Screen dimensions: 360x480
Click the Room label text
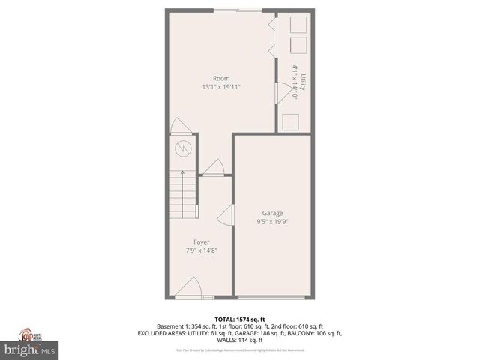click(220, 78)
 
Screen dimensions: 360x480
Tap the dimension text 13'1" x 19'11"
click(220, 87)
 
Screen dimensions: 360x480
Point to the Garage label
click(272, 213)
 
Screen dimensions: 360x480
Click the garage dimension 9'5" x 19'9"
click(272, 222)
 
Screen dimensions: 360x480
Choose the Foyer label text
click(201, 241)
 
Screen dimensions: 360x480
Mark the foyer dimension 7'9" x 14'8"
click(201, 250)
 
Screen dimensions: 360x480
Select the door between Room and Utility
click(283, 92)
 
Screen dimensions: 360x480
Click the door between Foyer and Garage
click(226, 214)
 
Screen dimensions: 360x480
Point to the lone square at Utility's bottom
click(290, 121)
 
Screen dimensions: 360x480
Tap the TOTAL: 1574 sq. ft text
click(240, 319)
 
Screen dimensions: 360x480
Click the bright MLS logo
click(30, 349)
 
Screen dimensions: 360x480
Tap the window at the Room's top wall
click(240, 10)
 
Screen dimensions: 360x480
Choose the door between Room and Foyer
click(214, 169)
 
